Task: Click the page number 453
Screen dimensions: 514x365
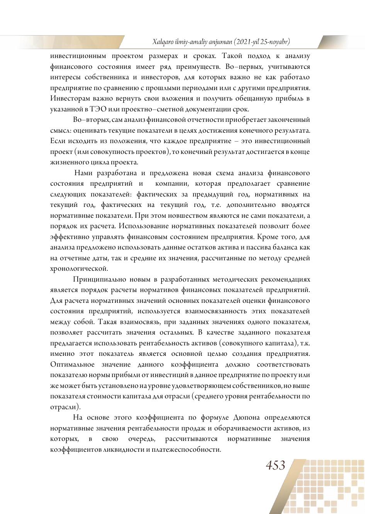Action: [275, 465]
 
